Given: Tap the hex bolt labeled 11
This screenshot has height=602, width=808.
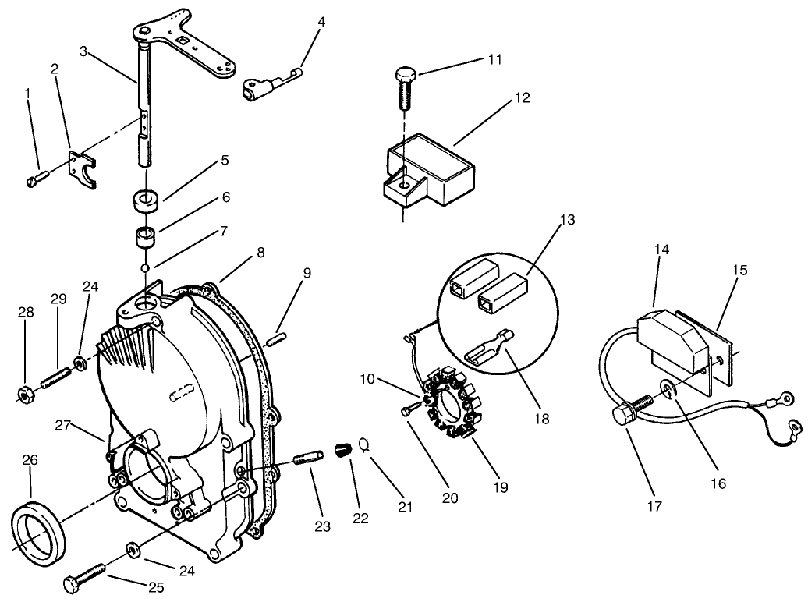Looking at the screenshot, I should click(404, 89).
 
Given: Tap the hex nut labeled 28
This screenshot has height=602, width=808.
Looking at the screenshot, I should click(24, 395).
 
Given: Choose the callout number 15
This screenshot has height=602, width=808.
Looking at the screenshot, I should click(739, 271).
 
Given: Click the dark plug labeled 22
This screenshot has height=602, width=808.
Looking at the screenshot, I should click(342, 451).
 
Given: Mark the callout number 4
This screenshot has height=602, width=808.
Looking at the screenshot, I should click(321, 22).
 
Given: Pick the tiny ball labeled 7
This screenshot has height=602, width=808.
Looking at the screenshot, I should click(145, 268).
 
